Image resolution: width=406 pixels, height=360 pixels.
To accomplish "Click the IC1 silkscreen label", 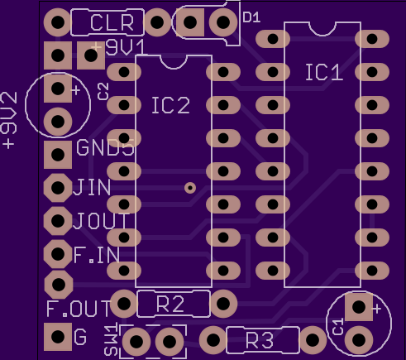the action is click(324, 72).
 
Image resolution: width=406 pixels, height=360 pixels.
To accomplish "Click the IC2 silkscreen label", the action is click(171, 105).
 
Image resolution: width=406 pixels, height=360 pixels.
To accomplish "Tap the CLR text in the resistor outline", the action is click(112, 22).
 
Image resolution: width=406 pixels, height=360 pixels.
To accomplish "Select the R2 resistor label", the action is click(170, 305).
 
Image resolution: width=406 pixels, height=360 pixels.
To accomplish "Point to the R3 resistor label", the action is click(260, 340).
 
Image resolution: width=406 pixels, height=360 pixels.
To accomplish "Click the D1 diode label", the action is click(251, 17).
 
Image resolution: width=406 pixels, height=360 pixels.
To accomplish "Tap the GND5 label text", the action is click(105, 148).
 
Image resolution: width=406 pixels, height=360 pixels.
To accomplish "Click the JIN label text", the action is click(92, 187).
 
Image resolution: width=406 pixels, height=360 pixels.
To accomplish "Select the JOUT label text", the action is click(101, 221).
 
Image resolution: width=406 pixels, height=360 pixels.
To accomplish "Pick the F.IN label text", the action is click(97, 255).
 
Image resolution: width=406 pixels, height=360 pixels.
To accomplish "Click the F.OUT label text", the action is click(79, 308).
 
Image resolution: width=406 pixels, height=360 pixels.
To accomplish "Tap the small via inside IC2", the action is click(190, 188).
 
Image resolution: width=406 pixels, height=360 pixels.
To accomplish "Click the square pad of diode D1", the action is click(190, 22).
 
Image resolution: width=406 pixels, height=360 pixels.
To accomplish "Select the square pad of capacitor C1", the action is click(359, 307).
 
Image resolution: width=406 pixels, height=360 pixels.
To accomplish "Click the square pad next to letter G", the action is click(58, 337).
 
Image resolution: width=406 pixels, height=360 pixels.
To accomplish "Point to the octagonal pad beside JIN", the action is click(58, 188).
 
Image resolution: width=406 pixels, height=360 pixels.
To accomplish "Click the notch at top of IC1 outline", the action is click(322, 29).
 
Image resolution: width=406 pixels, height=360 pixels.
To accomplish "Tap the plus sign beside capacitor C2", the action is click(75, 90).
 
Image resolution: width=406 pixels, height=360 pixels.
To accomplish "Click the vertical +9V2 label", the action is click(9, 121).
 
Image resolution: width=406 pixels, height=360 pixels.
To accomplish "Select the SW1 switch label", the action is click(112, 340).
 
